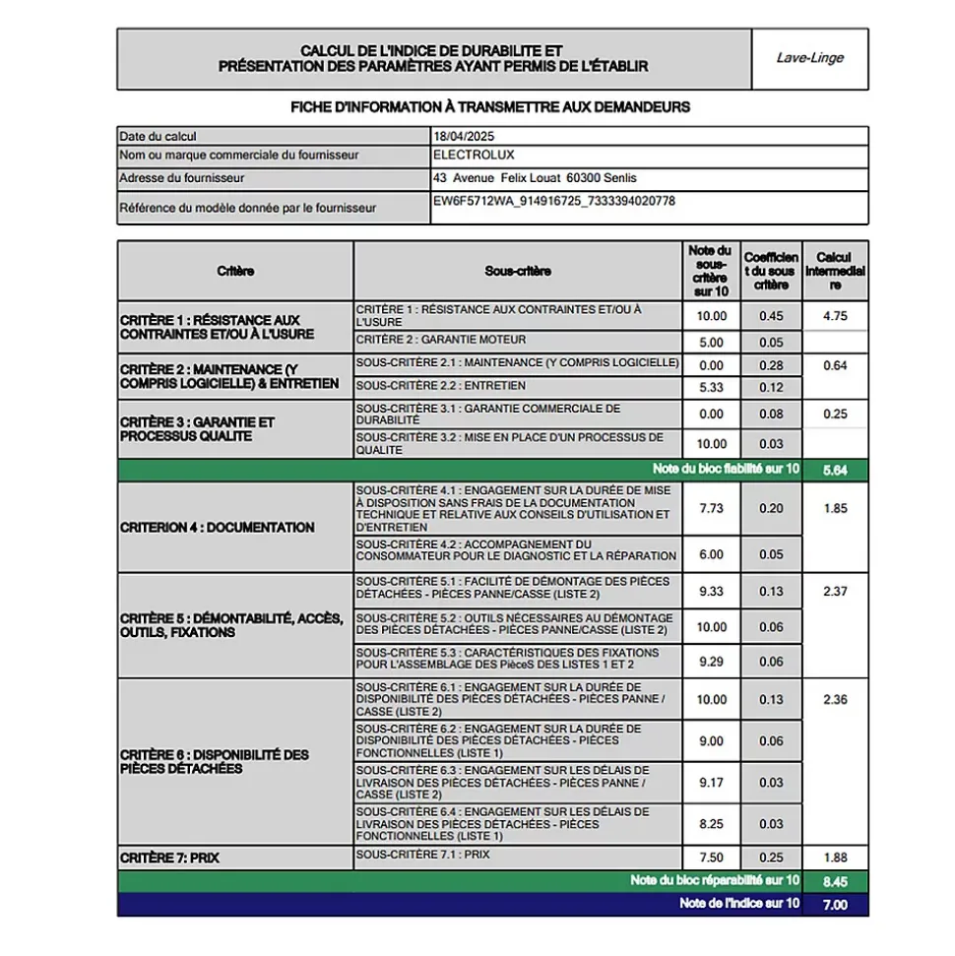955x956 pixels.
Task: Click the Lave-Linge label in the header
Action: click(809, 58)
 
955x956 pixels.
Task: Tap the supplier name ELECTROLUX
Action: click(474, 155)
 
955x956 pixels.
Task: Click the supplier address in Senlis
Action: click(535, 178)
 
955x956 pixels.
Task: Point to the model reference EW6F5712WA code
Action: click(553, 201)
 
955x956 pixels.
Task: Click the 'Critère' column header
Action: click(235, 271)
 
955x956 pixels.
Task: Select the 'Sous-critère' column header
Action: click(518, 271)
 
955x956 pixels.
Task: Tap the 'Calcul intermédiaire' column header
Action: click(835, 271)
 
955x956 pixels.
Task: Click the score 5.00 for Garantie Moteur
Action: click(711, 343)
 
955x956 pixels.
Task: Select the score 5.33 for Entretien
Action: click(711, 387)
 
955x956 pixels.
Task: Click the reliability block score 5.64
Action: click(835, 470)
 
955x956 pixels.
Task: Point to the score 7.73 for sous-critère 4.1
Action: click(711, 508)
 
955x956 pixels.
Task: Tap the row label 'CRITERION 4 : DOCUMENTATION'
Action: click(218, 528)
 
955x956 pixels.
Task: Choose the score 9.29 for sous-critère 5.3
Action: click(711, 662)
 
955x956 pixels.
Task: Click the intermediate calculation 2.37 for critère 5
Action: click(835, 592)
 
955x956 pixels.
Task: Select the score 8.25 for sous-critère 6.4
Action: click(711, 824)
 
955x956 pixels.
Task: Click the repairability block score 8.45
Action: click(835, 881)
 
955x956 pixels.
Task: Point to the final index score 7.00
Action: click(835, 905)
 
